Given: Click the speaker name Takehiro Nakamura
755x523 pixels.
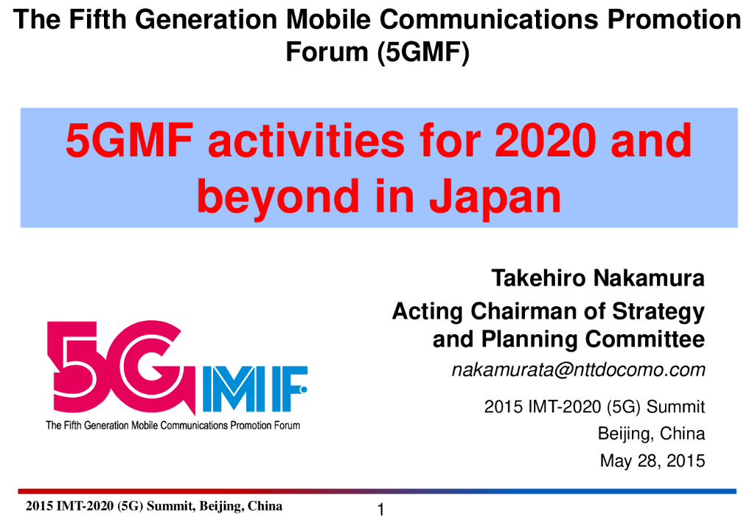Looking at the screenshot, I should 598,279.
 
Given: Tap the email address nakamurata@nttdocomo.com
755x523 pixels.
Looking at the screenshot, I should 579,370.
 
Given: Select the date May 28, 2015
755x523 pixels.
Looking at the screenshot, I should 652,462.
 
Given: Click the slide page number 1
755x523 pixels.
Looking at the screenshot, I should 380,510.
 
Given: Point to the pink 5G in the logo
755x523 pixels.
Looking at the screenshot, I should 118,361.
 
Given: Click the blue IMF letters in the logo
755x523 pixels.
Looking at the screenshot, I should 254,388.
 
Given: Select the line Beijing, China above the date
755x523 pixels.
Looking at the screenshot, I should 651,434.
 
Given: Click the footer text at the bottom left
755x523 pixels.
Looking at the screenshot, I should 153,506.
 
